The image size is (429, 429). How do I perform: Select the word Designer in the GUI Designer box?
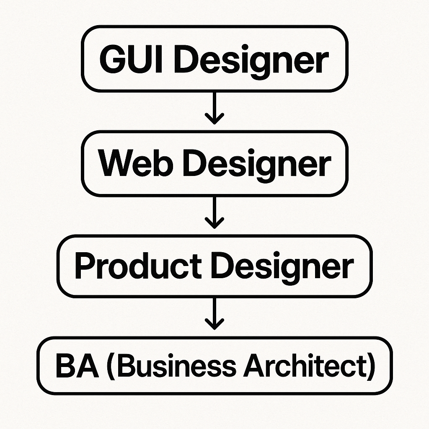pyautogui.click(x=247, y=60)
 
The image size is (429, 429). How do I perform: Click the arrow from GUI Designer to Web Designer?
pyautogui.click(x=214, y=107)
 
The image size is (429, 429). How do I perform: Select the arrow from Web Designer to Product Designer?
pyautogui.click(x=214, y=212)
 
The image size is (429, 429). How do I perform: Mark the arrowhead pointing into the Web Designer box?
pyautogui.click(x=214, y=119)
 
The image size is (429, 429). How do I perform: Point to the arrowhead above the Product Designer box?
pyautogui.click(x=214, y=223)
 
